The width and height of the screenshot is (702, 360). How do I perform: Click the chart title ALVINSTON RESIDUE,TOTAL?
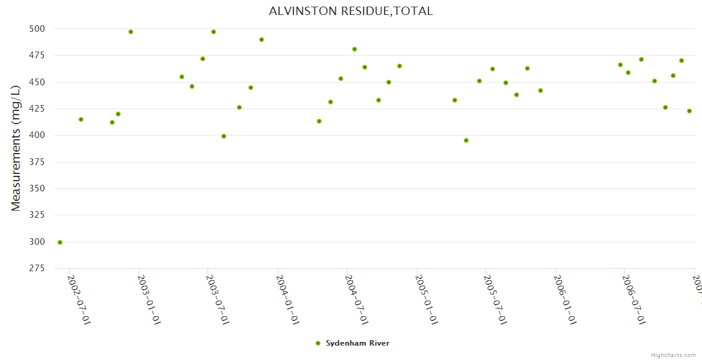pos(350,11)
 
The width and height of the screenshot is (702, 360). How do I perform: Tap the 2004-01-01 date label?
pos(288,300)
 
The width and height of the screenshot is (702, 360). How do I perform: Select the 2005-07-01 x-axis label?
pos(496,300)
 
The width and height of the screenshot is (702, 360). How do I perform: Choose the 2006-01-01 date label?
pos(566,300)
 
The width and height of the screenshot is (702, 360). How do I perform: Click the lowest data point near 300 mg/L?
pos(60,242)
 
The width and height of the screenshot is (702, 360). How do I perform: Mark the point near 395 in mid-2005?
pos(466,140)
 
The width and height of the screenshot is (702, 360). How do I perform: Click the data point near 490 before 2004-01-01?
pos(262,40)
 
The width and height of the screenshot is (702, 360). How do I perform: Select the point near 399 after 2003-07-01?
pos(224,136)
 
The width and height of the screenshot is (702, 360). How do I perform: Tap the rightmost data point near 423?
pos(689,111)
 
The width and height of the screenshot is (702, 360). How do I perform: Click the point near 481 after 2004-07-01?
pos(355,49)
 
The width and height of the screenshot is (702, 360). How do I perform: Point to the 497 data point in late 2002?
pos(131,32)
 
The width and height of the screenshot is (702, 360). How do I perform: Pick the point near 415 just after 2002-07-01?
pos(81,119)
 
